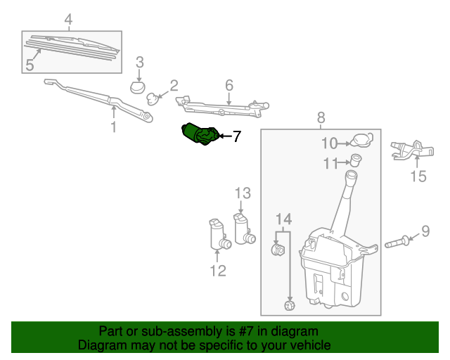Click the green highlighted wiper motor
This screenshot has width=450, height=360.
tap(198, 134)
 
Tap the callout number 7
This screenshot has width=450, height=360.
tap(236, 137)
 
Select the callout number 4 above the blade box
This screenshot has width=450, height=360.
tap(68, 20)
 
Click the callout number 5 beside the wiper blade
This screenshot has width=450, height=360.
tap(30, 65)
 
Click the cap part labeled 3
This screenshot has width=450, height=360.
tap(139, 87)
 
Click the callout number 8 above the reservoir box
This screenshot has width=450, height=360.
tap(321, 117)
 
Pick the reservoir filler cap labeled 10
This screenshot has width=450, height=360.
tap(361, 140)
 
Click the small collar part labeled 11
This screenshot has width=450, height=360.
tap(356, 160)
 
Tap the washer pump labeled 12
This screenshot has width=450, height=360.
tap(218, 236)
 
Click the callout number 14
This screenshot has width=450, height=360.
tap(283, 218)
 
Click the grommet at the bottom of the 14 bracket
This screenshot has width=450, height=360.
tap(288, 304)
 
